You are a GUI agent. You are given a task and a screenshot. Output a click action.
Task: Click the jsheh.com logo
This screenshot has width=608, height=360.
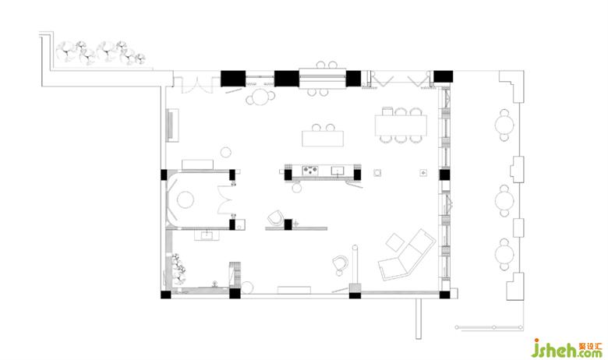click(x=566, y=348)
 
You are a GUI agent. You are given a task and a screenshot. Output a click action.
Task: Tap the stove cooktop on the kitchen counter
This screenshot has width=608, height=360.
click(x=310, y=170)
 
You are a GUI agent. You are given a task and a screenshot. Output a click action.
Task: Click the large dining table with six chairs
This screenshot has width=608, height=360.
click(x=401, y=125)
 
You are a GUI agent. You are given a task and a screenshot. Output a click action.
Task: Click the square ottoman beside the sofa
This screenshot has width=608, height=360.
click(x=395, y=242)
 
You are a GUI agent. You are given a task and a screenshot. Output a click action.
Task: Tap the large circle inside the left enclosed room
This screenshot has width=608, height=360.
click(x=186, y=200)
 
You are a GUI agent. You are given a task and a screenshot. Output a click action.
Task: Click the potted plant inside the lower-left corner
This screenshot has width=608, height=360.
click(x=179, y=268)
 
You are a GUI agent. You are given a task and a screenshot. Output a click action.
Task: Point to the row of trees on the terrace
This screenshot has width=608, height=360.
click(x=100, y=52)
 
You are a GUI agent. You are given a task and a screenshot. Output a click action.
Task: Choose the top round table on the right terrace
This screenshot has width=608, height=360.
click(x=504, y=125)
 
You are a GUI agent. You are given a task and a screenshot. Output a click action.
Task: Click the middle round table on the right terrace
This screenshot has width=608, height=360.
click(x=504, y=201)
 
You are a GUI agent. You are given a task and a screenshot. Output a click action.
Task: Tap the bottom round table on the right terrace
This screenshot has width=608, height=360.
click(x=504, y=255)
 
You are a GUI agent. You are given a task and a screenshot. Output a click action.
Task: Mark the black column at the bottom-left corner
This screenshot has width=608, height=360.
click(x=165, y=295)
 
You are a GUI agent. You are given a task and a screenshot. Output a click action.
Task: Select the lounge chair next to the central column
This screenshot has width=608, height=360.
click(x=275, y=217)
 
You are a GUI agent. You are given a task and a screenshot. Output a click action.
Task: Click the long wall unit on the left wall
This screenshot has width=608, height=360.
click(x=172, y=125)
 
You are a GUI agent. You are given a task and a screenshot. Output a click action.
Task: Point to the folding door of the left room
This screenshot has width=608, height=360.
click(x=224, y=200)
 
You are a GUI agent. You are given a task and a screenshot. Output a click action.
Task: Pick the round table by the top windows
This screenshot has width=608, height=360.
click(x=259, y=97)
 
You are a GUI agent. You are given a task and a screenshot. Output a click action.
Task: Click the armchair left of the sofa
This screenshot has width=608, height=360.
click(x=341, y=263)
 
